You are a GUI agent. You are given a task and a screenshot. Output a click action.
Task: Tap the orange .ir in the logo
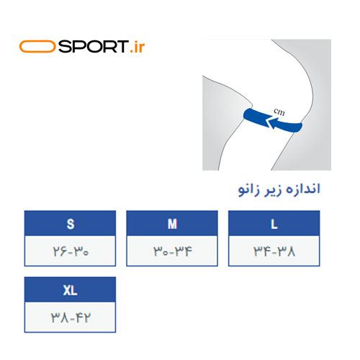(138, 47)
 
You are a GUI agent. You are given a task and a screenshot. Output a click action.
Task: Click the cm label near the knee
(279, 112)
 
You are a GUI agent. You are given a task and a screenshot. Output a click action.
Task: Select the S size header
(70, 223)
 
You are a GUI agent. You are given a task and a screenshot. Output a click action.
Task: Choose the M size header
(172, 223)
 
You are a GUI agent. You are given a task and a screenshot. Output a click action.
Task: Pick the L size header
(274, 223)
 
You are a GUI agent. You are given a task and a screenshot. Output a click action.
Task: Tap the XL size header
(70, 289)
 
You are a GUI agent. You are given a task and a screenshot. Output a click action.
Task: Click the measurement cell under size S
(70, 251)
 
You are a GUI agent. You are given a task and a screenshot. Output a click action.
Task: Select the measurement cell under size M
(172, 251)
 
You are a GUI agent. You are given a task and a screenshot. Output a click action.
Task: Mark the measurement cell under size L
(274, 251)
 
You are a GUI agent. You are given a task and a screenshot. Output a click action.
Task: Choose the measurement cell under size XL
(70, 317)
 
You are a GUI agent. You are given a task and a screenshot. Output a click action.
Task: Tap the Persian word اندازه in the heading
(303, 189)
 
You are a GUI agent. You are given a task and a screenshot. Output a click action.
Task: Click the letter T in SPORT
(122, 47)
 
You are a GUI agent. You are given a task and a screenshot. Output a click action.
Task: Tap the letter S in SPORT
(64, 47)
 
